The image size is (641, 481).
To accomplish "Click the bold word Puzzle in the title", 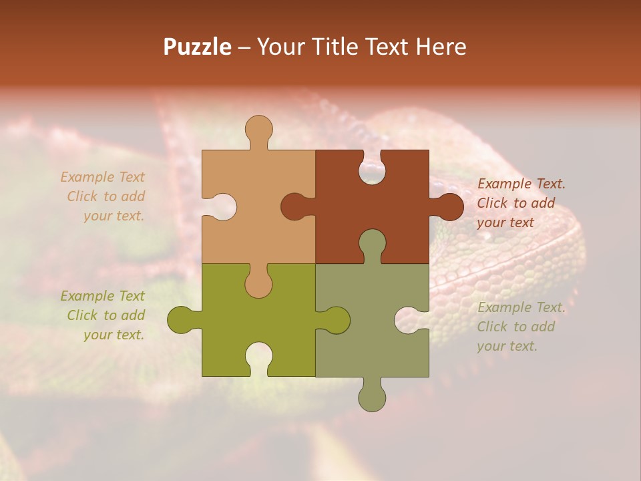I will click(198, 47).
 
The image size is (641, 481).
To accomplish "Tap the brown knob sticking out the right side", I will click(449, 206).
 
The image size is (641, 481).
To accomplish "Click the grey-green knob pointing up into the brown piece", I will click(372, 244).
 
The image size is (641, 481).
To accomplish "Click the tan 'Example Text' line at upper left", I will click(102, 177).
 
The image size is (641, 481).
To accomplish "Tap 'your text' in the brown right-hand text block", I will click(505, 222).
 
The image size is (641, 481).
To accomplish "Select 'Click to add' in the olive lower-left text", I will click(105, 315).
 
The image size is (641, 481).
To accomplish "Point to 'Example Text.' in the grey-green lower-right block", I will click(521, 307).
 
